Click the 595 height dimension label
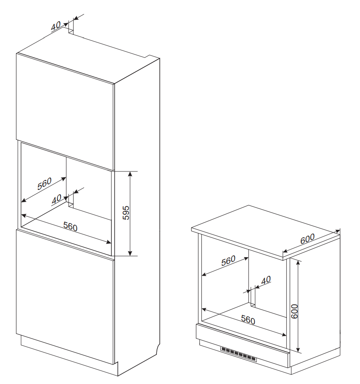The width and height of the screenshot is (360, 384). point(126,213)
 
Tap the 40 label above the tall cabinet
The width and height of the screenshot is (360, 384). point(56,26)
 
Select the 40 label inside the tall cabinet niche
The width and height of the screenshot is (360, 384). point(57,199)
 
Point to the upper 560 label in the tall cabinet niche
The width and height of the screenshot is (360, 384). point(45,184)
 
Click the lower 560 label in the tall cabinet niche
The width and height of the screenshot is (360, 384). point(70,226)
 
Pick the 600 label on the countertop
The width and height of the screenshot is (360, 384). point(307,239)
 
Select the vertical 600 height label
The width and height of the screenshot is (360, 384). point(294,311)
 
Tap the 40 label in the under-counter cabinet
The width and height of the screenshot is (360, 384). point(266,280)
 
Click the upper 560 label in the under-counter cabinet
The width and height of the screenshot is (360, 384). point(228,260)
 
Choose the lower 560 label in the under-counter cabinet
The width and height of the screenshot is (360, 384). point(248,320)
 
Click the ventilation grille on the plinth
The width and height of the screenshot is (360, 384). point(238,354)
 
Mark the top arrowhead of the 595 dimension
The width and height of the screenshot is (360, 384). point(130,174)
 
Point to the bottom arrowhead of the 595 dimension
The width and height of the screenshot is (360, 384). point(130,253)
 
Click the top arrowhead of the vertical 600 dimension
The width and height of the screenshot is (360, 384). point(298,262)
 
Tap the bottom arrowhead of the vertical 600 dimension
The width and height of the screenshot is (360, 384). point(298,349)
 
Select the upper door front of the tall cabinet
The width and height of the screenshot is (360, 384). point(65,111)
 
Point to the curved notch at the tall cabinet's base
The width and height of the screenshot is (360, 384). point(158,348)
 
